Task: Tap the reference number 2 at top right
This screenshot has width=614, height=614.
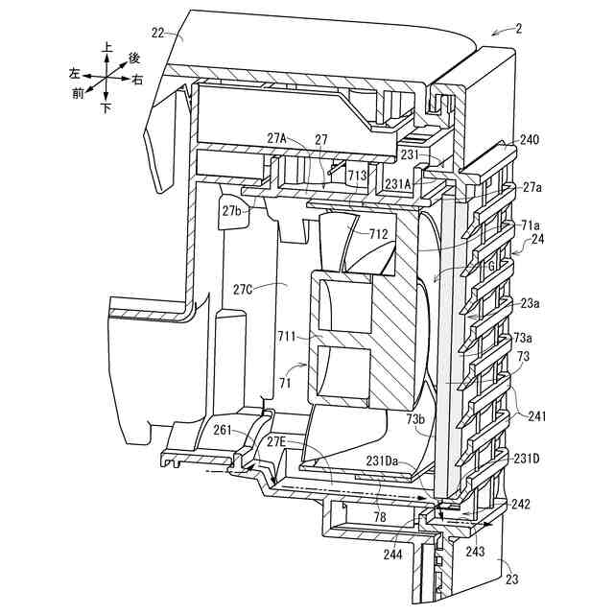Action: [x=518, y=28]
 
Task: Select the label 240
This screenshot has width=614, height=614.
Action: [x=530, y=140]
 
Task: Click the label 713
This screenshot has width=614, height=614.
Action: [x=357, y=176]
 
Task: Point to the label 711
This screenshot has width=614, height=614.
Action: [x=288, y=337]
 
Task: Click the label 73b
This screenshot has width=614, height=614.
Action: [x=413, y=419]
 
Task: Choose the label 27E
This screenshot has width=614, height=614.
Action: [x=275, y=442]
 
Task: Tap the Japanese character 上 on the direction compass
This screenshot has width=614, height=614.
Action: [x=106, y=46]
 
